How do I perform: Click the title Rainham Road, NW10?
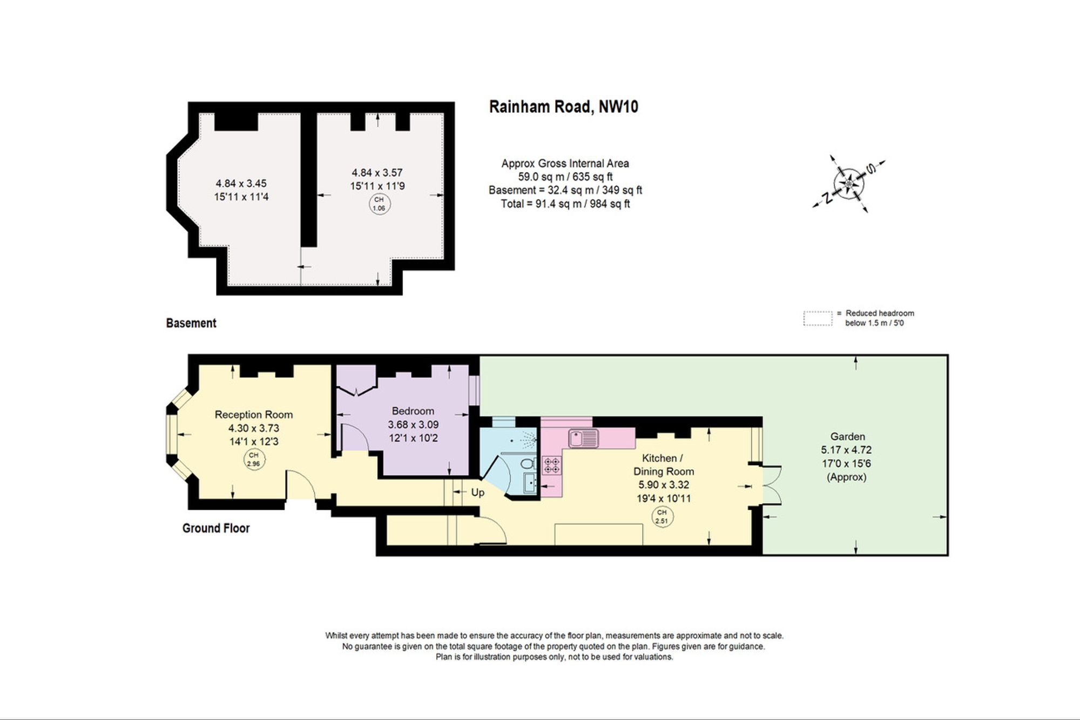click(x=564, y=106)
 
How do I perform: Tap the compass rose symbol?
click(x=849, y=184)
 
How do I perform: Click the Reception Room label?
click(x=254, y=415)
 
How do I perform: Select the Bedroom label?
click(x=413, y=411)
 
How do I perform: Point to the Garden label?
click(x=848, y=436)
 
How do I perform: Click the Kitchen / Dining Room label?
click(x=664, y=465)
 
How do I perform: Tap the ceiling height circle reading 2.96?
click(x=253, y=460)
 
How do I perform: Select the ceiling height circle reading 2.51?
click(x=661, y=517)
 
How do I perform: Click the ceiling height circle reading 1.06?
click(x=379, y=204)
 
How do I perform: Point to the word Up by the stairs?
click(x=478, y=493)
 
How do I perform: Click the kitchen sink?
click(x=584, y=438)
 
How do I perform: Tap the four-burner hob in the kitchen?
click(x=552, y=466)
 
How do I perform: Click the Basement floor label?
click(x=191, y=323)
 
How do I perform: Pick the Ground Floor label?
click(x=216, y=528)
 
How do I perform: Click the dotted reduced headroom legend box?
click(x=818, y=319)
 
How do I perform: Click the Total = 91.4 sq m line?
click(x=565, y=204)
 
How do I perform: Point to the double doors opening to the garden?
click(x=769, y=485)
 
